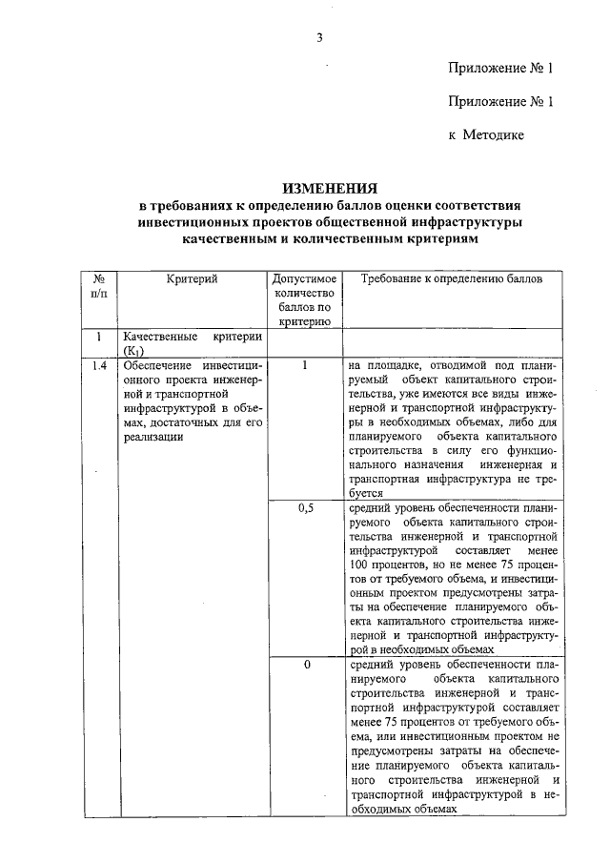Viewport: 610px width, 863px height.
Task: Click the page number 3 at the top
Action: click(x=320, y=37)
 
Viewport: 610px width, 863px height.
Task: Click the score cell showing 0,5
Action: click(x=305, y=508)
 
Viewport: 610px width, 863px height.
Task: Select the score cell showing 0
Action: click(x=305, y=664)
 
